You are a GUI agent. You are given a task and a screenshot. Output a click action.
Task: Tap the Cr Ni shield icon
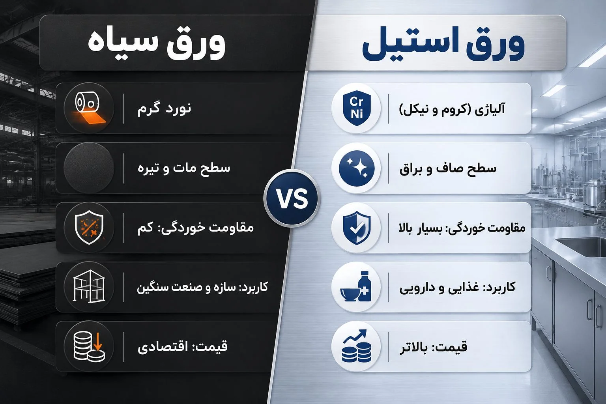[x=357, y=108]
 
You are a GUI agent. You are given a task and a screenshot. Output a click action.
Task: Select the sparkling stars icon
[x=357, y=168]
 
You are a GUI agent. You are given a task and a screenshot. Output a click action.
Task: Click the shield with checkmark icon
[x=357, y=228]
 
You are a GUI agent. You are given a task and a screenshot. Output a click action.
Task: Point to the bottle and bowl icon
[x=356, y=287]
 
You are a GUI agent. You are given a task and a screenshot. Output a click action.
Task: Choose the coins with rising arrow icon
[x=356, y=346]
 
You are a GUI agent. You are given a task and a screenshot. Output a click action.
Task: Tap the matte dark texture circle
[x=89, y=168]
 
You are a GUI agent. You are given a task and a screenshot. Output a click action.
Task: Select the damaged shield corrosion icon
[x=89, y=228]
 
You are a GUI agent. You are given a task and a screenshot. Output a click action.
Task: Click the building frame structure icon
[x=89, y=286]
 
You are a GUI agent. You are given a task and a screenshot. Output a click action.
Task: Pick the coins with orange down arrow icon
[x=89, y=346]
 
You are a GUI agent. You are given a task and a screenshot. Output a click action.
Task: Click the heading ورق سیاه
[x=156, y=43]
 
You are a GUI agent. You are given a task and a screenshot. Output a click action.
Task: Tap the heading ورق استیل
[x=443, y=43]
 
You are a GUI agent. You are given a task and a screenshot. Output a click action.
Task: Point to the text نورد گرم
[x=164, y=108]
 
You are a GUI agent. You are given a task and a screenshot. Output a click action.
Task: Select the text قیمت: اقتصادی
[x=183, y=347]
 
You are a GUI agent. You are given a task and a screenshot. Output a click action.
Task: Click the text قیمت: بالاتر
[x=434, y=347]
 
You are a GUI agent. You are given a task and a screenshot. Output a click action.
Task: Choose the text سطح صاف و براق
[x=448, y=168]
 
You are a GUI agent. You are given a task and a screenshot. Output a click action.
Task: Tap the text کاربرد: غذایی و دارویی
[x=458, y=287]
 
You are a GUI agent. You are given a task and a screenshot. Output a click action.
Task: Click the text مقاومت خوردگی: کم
[x=196, y=228]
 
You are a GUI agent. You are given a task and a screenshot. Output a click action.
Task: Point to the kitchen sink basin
[x=582, y=246]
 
